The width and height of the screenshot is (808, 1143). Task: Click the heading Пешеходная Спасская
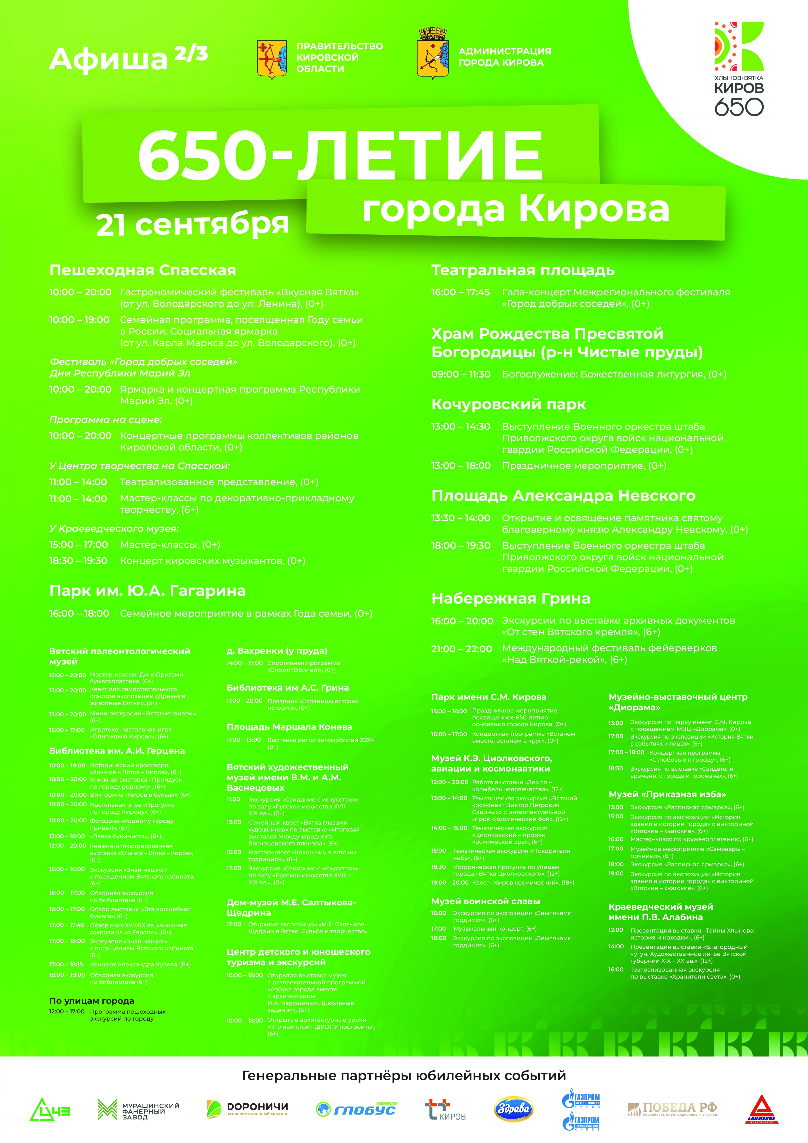coord(143,270)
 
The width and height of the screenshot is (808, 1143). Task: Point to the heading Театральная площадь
coord(523,270)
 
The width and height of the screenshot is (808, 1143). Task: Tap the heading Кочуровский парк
coord(508,404)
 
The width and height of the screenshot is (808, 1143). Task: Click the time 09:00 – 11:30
coord(461,374)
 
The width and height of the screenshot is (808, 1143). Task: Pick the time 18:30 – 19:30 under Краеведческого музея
coord(78,561)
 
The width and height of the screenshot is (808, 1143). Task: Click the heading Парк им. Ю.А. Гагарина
coord(147,591)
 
